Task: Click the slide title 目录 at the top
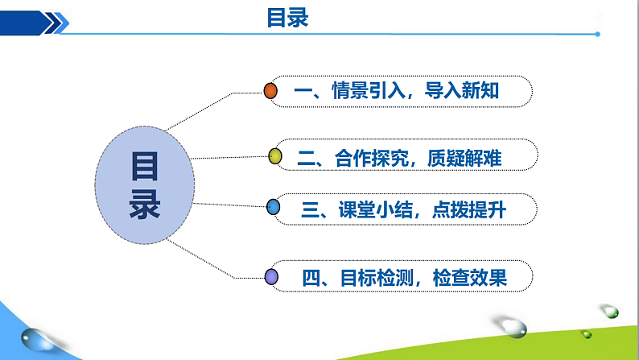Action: pyautogui.click(x=288, y=18)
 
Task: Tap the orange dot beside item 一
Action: pyautogui.click(x=271, y=91)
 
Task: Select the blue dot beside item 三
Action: pyautogui.click(x=273, y=208)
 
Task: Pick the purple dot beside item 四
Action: pyautogui.click(x=271, y=277)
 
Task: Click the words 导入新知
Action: pyautogui.click(x=466, y=91)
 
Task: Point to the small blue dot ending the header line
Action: pyautogui.click(x=597, y=34)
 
